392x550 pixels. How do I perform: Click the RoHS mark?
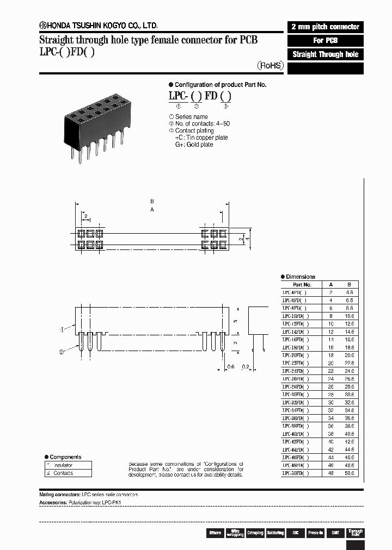271,65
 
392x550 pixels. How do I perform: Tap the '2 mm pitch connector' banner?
325,27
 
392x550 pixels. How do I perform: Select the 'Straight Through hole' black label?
325,54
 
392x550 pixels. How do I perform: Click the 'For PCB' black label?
325,41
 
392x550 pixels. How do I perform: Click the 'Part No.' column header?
302,284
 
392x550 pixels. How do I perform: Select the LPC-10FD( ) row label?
296,316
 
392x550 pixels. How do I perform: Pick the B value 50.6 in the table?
349,473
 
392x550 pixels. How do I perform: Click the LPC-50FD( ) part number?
296,473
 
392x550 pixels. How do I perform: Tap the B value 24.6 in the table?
349,371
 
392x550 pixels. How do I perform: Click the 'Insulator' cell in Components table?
68,465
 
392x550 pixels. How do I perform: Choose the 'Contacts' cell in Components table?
68,473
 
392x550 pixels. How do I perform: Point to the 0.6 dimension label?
230,366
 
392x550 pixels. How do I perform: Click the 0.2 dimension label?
246,366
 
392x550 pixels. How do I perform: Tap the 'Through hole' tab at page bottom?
356,533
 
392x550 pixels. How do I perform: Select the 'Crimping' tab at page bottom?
255,533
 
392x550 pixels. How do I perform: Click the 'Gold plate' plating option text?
194,145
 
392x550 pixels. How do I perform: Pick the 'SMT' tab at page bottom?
335,533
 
